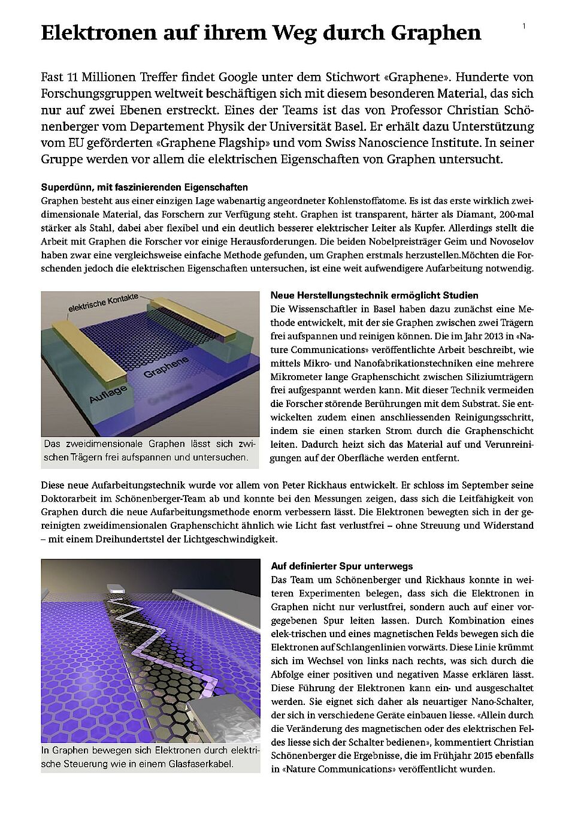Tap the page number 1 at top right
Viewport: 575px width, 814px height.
pos(524,26)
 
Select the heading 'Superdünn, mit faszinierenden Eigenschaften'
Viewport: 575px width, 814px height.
pos(144,188)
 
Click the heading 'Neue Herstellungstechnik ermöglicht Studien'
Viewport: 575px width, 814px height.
pos(374,296)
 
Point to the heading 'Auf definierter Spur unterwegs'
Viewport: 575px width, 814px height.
pos(341,566)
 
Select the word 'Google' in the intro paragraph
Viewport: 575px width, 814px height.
pos(256,77)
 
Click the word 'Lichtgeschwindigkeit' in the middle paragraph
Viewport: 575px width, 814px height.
pos(232,539)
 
